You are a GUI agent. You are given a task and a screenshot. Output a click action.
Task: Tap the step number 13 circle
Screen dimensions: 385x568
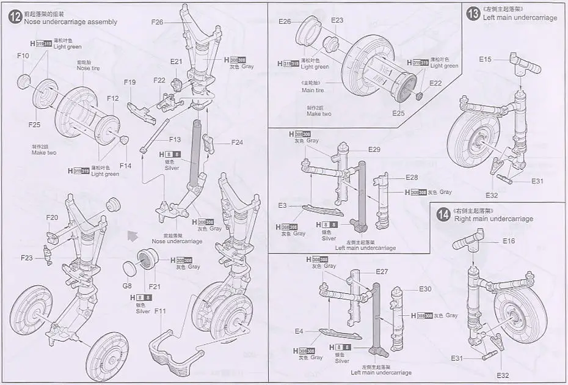pyautogui.click(x=473, y=13)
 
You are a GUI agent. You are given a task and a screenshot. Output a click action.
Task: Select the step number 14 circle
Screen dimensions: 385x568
pyautogui.click(x=444, y=214)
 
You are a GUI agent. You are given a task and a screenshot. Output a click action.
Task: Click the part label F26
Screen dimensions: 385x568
pyautogui.click(x=158, y=22)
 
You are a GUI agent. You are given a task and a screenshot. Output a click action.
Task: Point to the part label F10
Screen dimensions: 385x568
pyautogui.click(x=23, y=56)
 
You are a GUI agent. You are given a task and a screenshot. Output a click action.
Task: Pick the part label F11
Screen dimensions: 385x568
pyautogui.click(x=160, y=311)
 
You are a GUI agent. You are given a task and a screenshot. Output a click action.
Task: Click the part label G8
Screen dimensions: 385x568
pyautogui.click(x=127, y=285)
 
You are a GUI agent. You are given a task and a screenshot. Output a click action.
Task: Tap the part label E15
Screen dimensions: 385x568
pyautogui.click(x=485, y=59)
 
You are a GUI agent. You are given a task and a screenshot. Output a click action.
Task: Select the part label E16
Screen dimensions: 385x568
pyautogui.click(x=509, y=241)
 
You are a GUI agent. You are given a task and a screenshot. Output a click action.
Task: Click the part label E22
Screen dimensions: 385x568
pyautogui.click(x=435, y=83)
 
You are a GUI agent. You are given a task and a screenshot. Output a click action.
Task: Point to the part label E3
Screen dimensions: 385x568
pyautogui.click(x=282, y=205)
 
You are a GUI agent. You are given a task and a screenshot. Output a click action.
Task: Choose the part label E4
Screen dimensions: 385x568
pyautogui.click(x=299, y=331)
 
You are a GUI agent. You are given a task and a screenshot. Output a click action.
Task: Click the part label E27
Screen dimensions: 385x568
pyautogui.click(x=382, y=271)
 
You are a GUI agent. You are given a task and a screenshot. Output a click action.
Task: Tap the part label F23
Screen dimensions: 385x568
pyautogui.click(x=26, y=258)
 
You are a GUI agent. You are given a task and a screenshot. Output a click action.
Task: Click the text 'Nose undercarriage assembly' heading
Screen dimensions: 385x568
pyautogui.click(x=70, y=22)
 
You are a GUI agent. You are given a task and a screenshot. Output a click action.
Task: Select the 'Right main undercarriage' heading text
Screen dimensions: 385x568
pyautogui.click(x=493, y=219)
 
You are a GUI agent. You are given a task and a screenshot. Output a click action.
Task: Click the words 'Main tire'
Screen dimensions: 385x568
pyautogui.click(x=313, y=90)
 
